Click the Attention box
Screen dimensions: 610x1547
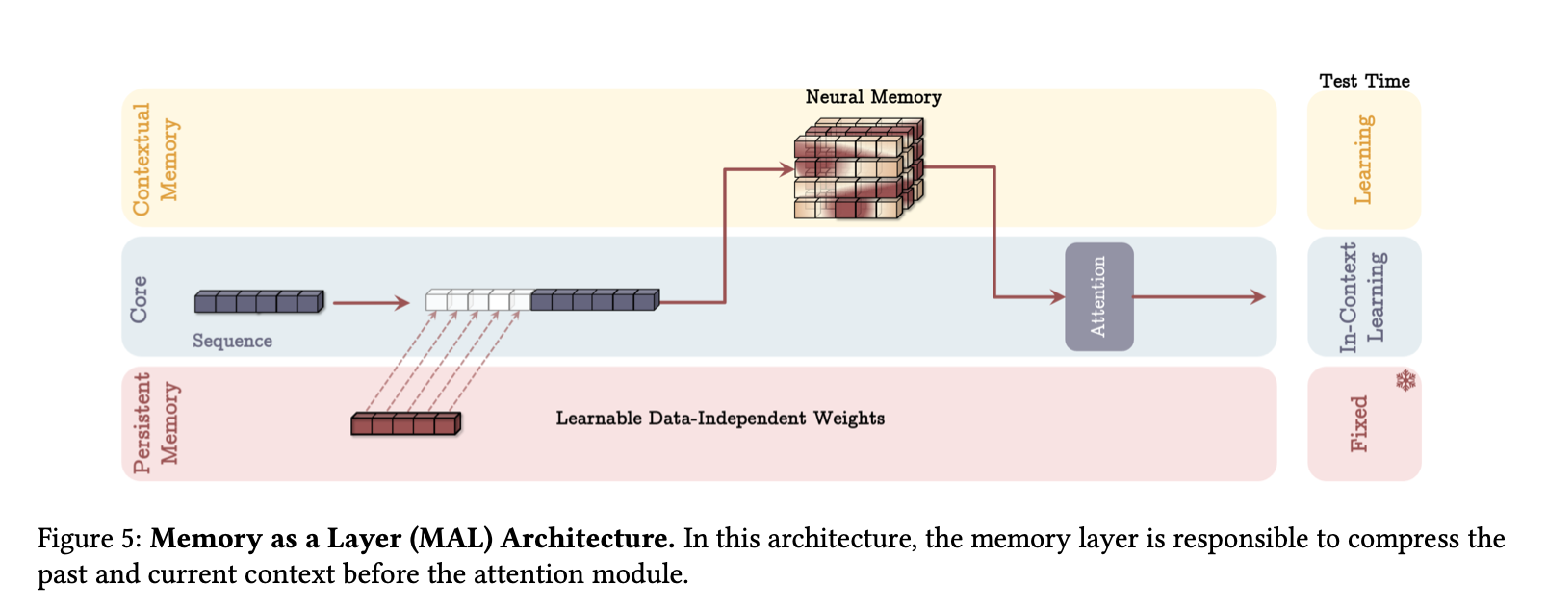1098,296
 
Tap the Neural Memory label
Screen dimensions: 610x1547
873,97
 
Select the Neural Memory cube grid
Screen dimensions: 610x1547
858,169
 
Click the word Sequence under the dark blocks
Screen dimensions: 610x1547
232,341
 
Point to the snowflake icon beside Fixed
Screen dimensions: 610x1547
1406,381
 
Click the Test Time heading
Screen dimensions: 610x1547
1364,81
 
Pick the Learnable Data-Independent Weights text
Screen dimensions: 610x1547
720,419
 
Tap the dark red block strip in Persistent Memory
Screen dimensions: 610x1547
405,423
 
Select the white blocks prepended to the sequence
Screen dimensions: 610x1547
477,300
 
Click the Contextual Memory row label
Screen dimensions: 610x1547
155,159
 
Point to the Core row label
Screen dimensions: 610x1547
140,298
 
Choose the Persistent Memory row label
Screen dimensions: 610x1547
155,423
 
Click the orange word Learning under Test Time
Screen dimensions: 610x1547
1363,159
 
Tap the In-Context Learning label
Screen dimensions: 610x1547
1363,296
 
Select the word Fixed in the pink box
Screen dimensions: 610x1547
1358,423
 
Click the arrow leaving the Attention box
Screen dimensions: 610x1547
1199,297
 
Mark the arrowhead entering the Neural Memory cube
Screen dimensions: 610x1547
786,170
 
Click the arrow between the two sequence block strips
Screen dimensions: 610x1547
372,303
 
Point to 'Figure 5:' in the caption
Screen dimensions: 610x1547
90,539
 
